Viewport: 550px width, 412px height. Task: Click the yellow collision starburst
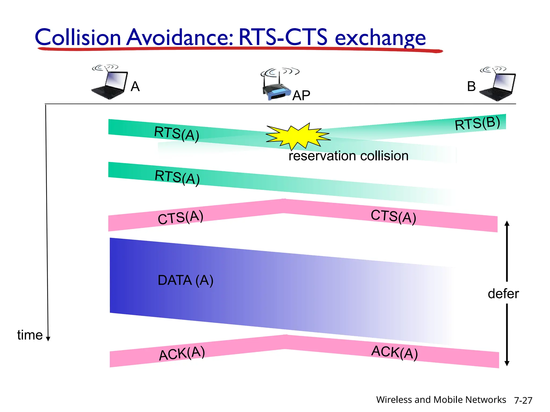click(298, 136)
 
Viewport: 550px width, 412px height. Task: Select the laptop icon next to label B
click(498, 84)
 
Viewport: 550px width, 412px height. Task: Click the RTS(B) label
click(477, 123)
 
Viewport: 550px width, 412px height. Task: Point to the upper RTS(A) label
click(176, 133)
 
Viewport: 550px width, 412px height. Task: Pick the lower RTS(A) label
click(177, 177)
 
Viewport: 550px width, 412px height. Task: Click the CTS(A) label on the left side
click(180, 217)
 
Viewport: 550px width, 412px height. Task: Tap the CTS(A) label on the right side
click(393, 216)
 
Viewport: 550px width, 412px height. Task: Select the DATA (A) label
click(185, 280)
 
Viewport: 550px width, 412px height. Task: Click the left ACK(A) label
click(182, 353)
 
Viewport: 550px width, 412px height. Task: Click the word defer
click(503, 293)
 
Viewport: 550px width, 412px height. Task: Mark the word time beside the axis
click(30, 335)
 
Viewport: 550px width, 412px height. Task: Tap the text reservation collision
click(348, 156)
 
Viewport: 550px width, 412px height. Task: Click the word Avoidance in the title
click(180, 37)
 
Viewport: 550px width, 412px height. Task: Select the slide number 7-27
click(523, 400)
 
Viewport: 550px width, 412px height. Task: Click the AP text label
click(301, 95)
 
